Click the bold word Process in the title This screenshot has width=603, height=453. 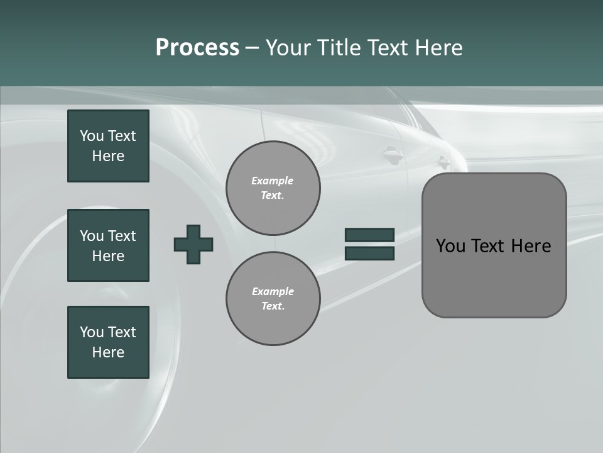[197, 48]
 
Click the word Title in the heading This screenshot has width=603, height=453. [337, 48]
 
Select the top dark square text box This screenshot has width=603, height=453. [108, 146]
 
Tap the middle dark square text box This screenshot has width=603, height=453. [108, 245]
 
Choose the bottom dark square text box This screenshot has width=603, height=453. [108, 342]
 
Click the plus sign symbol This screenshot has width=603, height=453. [193, 244]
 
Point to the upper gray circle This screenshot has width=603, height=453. [273, 188]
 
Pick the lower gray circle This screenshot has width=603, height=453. [273, 299]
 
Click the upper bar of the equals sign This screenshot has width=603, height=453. [369, 235]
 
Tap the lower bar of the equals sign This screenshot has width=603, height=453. [369, 254]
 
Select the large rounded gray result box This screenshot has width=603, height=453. [494, 277]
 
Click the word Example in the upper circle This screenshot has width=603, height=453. [272, 181]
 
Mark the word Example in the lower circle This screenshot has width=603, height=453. [273, 291]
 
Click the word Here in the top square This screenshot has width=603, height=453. [108, 156]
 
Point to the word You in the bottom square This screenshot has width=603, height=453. [91, 332]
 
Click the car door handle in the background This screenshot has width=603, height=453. [392, 153]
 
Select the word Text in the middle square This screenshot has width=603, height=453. [122, 236]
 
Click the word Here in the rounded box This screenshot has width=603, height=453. [531, 246]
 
